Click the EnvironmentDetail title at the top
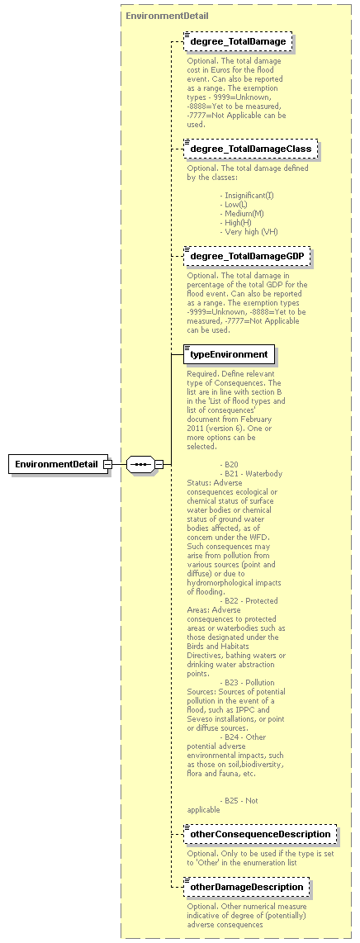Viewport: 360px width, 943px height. click(167, 16)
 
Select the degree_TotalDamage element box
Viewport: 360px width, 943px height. click(238, 41)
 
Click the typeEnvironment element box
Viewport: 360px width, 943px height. click(229, 355)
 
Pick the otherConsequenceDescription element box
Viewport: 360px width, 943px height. click(259, 835)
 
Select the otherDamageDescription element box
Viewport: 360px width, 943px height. click(246, 888)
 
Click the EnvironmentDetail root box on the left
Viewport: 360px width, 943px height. click(56, 464)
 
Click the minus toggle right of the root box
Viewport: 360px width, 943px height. click(108, 464)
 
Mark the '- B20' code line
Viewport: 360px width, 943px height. click(230, 464)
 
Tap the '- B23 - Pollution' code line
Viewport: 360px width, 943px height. click(249, 682)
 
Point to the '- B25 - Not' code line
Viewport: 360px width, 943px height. click(240, 800)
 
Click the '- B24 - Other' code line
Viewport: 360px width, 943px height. click(244, 737)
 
